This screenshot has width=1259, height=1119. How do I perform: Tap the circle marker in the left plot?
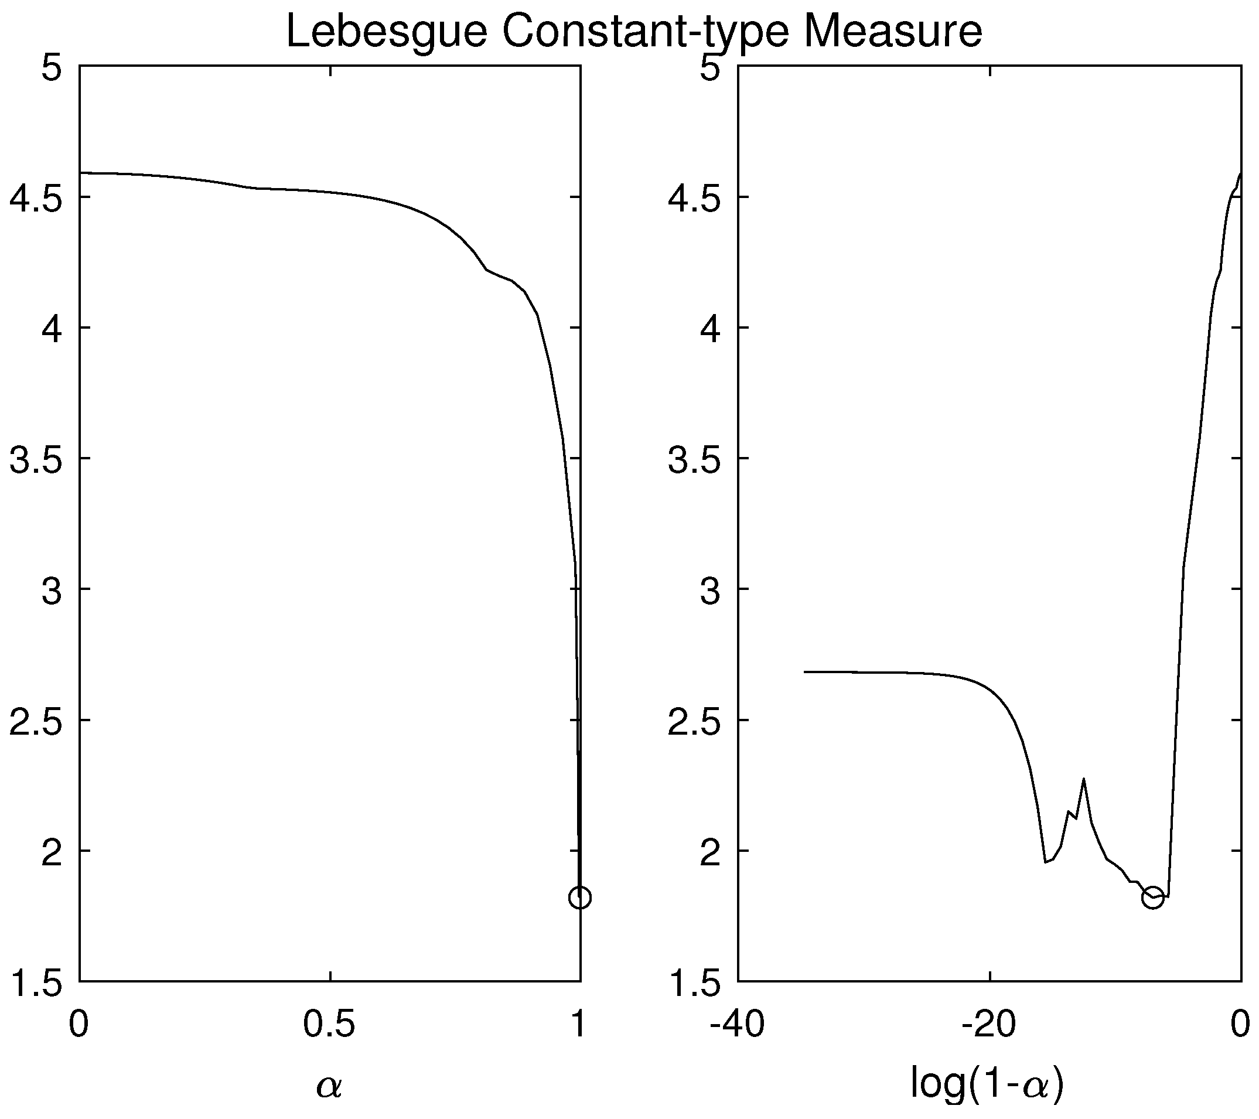[579, 898]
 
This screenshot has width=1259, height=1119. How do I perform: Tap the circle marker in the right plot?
[1152, 898]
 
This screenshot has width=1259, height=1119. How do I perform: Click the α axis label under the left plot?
[329, 1086]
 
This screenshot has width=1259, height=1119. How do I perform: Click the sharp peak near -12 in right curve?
[1083, 780]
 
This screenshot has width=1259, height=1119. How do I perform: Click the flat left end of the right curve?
[807, 671]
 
